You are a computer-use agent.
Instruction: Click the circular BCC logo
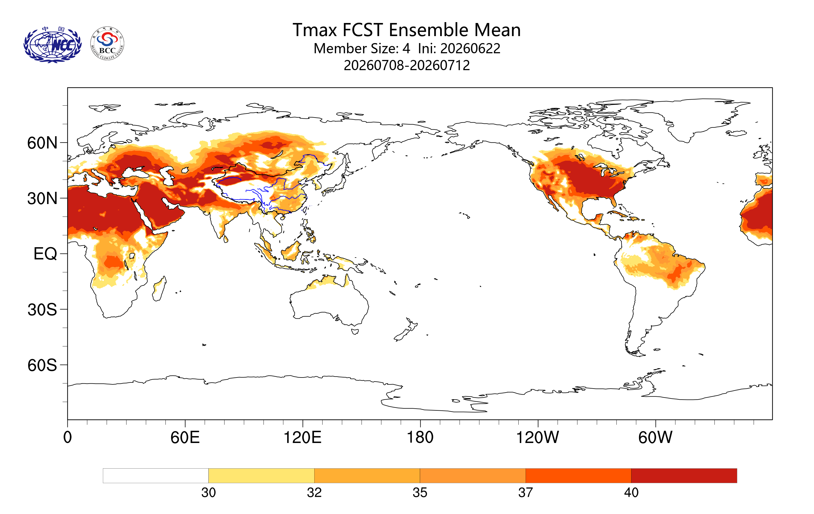tap(108, 44)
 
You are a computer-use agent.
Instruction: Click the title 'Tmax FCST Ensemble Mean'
tap(406, 30)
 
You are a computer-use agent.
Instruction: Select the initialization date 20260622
tap(470, 48)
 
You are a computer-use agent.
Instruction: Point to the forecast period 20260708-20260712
tap(407, 65)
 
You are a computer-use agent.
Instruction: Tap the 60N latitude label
tap(42, 143)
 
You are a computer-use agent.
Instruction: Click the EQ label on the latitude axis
tap(45, 254)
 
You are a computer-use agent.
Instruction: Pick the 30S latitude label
tap(42, 310)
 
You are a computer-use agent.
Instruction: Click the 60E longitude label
tap(185, 437)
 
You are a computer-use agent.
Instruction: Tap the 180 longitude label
tap(420, 437)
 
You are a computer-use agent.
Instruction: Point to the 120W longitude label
tap(538, 437)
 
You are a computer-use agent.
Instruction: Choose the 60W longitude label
tap(656, 437)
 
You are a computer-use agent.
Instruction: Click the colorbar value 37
tap(526, 493)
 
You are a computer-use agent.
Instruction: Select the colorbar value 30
tap(208, 493)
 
